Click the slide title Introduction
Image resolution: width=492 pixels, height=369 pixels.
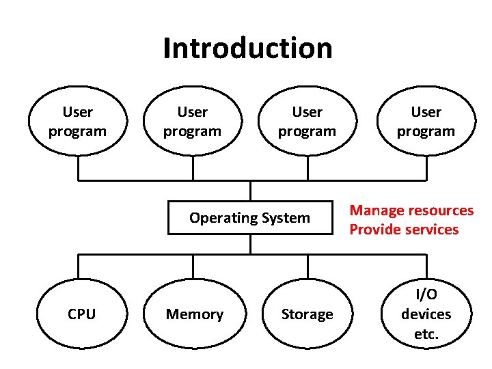[247, 49]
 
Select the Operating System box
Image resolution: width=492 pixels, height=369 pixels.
[250, 218]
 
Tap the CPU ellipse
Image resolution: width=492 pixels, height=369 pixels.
[81, 314]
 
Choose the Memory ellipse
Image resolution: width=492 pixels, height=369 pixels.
[195, 314]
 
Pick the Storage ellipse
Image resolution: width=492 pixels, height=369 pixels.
[307, 314]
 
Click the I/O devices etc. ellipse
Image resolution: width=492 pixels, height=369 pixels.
[426, 314]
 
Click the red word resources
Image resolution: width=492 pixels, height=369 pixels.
[441, 210]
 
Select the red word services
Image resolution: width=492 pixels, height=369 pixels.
[433, 230]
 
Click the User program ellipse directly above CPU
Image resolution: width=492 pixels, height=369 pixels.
[78, 121]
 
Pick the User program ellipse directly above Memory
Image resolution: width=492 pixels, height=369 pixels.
[193, 121]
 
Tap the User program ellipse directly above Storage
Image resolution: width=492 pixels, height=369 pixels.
[307, 121]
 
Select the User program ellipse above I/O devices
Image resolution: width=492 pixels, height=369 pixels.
[426, 121]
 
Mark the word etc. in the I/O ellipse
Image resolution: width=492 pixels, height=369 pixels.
[426, 335]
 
